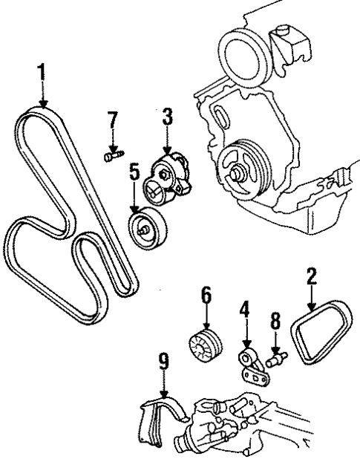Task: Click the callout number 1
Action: (43, 72)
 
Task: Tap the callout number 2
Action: (312, 278)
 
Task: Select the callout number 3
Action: (168, 117)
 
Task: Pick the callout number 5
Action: (134, 173)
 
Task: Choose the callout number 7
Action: (112, 120)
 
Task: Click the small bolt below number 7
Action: (111, 155)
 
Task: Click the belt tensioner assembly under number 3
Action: (171, 182)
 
